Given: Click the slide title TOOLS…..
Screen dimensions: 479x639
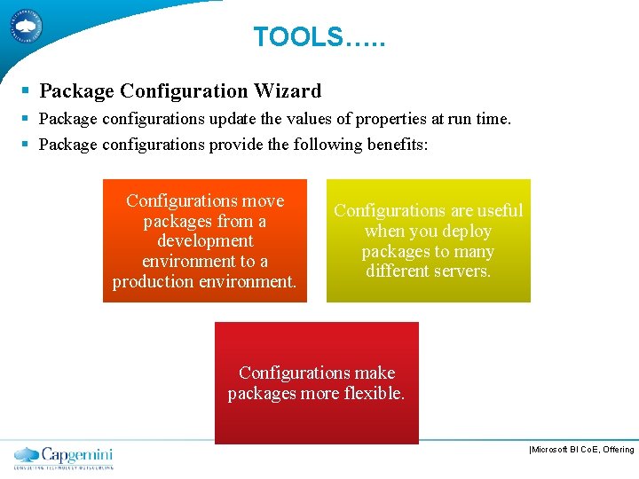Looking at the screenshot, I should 319,37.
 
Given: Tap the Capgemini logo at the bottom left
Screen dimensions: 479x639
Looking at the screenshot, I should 64,457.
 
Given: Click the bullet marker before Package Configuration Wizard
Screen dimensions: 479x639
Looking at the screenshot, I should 26,90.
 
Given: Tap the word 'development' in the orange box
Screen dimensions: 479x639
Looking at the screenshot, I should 205,241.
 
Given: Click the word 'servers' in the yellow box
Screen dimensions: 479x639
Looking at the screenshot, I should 460,271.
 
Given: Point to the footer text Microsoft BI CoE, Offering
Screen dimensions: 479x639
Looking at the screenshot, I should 581,450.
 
